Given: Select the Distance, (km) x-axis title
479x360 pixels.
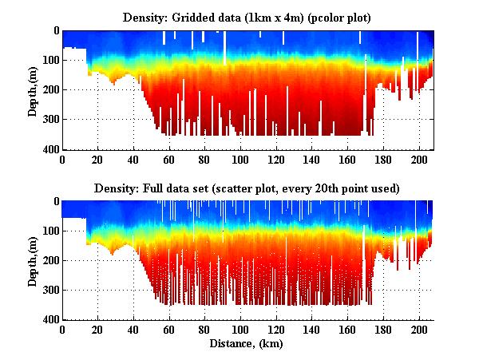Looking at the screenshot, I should click(x=247, y=344).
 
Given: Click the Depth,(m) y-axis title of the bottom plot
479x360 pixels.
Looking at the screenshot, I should click(x=33, y=261).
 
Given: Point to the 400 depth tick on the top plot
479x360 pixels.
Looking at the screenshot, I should click(x=50, y=149).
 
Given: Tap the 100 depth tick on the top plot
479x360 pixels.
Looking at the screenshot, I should click(x=50, y=60).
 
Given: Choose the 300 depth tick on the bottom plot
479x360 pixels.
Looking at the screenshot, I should click(x=50, y=290).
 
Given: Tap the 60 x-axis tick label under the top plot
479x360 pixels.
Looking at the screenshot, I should click(x=168, y=160).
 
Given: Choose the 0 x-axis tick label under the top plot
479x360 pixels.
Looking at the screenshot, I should click(x=62, y=160).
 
